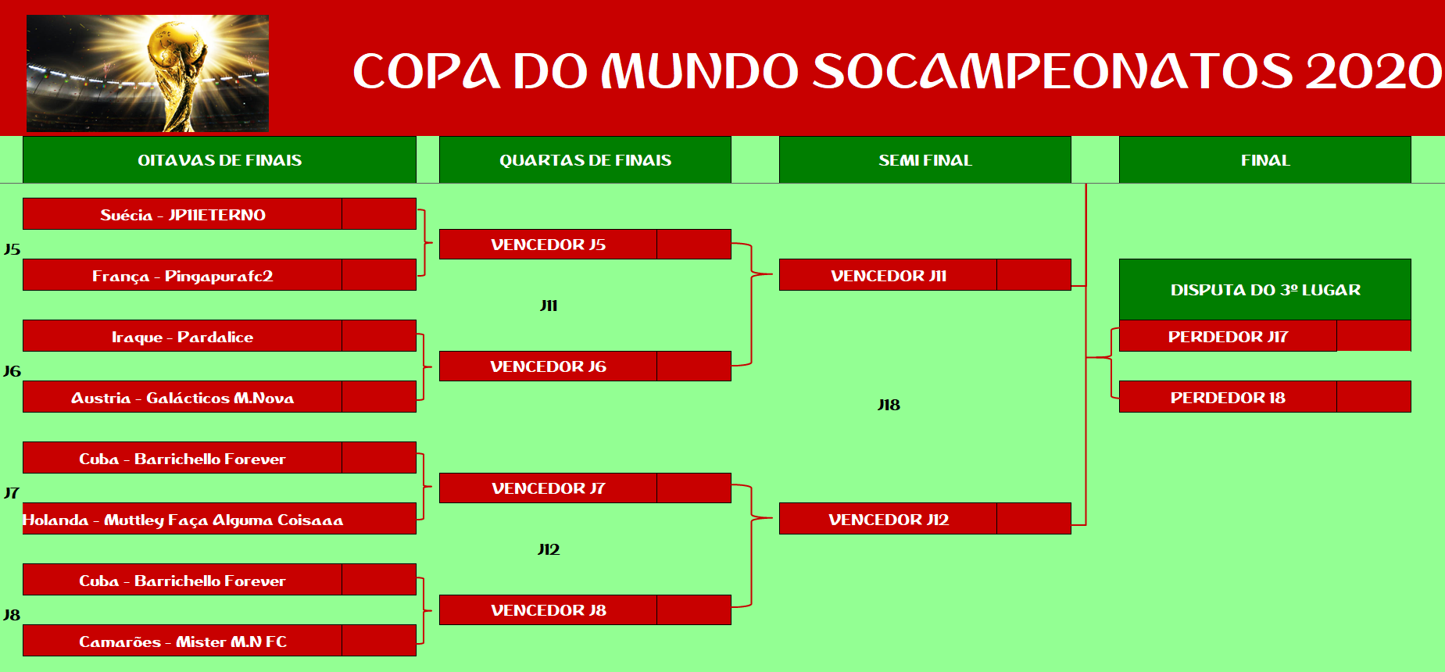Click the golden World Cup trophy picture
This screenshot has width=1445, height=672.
point(148,73)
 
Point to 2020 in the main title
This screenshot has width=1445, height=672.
point(1373,71)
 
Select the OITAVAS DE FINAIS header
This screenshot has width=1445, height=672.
point(220,160)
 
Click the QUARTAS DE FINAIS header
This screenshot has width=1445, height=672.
point(585,160)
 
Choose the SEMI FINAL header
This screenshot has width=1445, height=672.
point(925,160)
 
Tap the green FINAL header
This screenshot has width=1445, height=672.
point(1265,160)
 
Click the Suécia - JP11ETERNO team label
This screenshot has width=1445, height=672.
point(183,215)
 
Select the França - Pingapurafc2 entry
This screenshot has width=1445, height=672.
point(183,276)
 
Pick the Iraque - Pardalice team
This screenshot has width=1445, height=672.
point(183,337)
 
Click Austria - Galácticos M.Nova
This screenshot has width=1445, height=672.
point(183,398)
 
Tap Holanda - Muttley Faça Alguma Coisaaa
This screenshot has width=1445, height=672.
point(183,520)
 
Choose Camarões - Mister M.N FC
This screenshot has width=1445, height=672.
point(183,642)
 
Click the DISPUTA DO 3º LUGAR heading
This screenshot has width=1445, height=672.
point(1265,290)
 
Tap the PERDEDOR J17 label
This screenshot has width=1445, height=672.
point(1228,337)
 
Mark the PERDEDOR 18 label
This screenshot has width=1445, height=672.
point(1228,398)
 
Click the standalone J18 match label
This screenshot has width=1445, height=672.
point(889,405)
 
